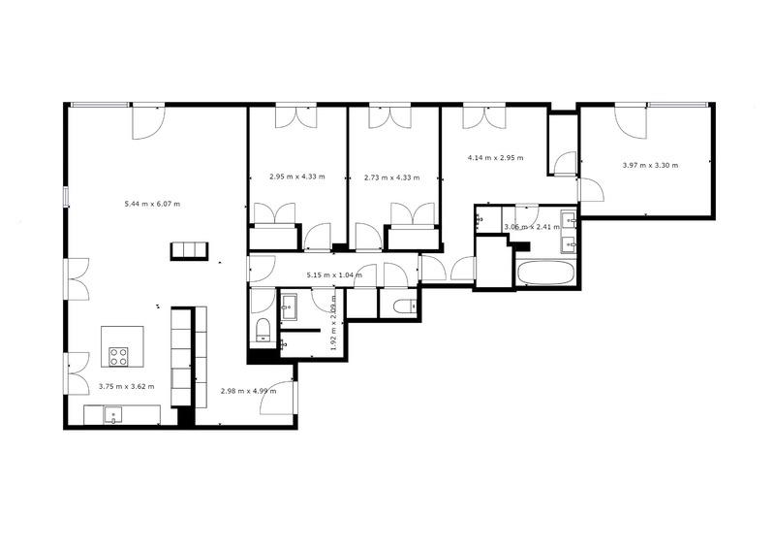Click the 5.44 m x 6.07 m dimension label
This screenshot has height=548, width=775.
(153, 204)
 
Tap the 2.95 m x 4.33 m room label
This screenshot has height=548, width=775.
(297, 177)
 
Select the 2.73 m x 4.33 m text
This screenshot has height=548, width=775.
(392, 177)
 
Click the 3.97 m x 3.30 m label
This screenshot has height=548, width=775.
(650, 165)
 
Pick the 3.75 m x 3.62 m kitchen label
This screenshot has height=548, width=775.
(127, 386)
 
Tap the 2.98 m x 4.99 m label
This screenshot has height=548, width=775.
(249, 391)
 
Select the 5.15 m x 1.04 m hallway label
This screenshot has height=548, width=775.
(334, 275)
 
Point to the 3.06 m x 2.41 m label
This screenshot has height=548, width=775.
(532, 227)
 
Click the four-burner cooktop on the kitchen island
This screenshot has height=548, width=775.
(119, 356)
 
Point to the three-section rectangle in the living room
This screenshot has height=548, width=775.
(189, 249)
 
